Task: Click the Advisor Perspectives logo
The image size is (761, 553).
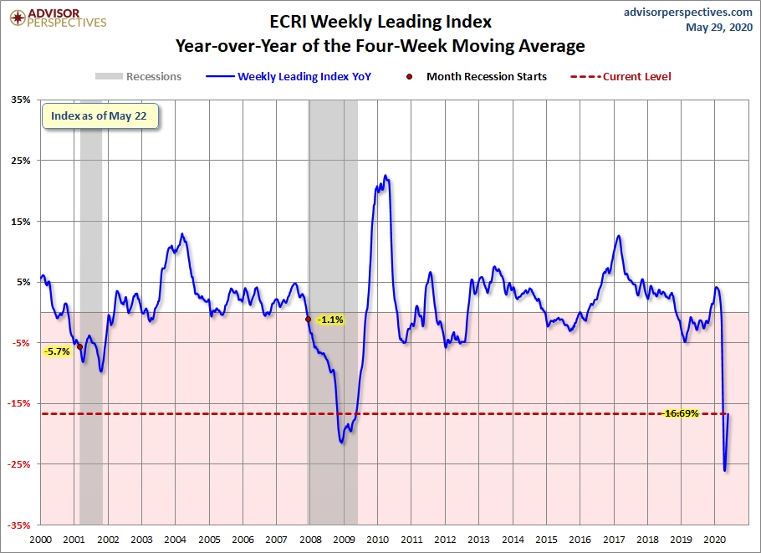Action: pos(58,18)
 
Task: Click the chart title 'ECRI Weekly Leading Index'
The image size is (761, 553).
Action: pos(380,22)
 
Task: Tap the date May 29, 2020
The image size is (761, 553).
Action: pos(719,27)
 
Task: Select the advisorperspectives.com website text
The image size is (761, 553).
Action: pos(687,13)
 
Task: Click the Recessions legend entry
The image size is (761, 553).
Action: pos(138,76)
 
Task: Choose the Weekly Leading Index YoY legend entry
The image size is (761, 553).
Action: pos(289,76)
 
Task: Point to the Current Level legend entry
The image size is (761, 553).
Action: pos(621,76)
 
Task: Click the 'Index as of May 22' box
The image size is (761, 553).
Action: pos(100,116)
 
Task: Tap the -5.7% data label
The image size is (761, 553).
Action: pos(57,351)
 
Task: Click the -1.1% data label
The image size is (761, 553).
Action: pos(330,320)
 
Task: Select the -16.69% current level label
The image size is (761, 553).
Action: pos(681,413)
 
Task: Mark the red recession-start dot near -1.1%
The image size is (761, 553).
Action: pos(309,319)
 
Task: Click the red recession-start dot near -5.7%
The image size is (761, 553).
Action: pos(79,346)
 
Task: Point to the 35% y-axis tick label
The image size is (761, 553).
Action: pos(20,100)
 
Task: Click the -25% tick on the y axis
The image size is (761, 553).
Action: pos(18,464)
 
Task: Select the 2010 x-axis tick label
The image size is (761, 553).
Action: pos(378,540)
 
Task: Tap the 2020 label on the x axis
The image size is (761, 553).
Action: pos(714,540)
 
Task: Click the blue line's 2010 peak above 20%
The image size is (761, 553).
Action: pos(386,176)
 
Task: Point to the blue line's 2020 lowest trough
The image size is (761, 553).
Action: pos(724,470)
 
